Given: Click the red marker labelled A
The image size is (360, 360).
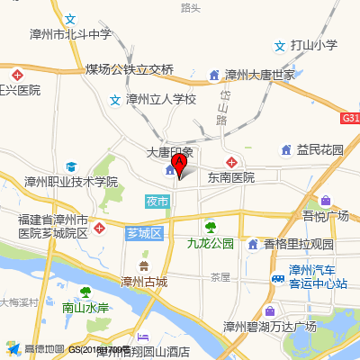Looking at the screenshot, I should (x=178, y=164).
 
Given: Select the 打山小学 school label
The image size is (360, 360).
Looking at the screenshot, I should (x=313, y=45).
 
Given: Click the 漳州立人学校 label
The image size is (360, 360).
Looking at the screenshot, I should (x=160, y=99).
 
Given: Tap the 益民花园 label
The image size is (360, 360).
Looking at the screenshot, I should (x=320, y=149).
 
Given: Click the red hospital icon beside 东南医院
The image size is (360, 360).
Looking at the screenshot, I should (x=232, y=162).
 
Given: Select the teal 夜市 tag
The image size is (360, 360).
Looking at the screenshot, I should (x=157, y=202).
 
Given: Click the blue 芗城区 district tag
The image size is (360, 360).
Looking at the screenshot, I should (x=143, y=233).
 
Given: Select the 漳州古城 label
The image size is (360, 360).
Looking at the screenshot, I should (x=144, y=282).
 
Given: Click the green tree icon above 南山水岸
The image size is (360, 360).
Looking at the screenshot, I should (x=85, y=292).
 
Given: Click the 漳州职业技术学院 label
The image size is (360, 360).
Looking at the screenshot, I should (x=71, y=181).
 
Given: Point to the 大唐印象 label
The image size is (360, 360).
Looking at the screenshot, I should (x=170, y=153).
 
